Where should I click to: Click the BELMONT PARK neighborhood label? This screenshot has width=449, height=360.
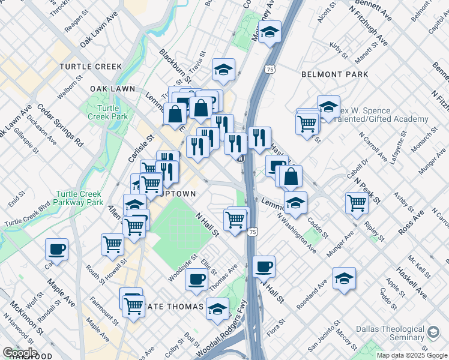point(334,74)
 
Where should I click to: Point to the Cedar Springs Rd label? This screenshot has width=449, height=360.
point(61,126)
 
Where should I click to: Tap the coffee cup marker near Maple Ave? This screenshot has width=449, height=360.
point(56,248)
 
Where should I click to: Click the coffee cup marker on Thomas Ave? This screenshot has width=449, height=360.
point(196,278)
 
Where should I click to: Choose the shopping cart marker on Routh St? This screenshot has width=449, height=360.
point(113,244)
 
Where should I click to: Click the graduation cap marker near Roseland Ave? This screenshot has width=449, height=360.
point(344,278)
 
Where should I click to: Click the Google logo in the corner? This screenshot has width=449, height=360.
point(19,353)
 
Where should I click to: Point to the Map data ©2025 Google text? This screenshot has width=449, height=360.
point(412,355)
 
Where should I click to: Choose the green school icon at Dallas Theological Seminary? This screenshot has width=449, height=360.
point(433,331)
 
